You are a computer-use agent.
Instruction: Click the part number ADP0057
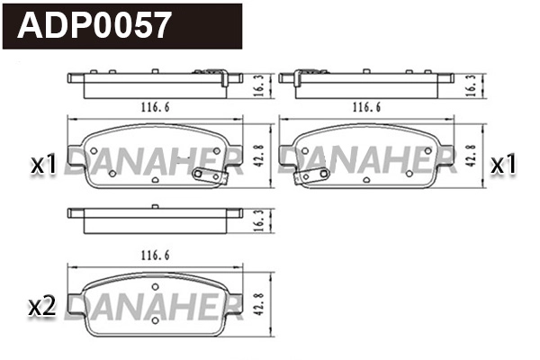[x=94, y=25]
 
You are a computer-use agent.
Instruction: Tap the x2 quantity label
[x=43, y=307]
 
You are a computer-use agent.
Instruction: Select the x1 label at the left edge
[x=43, y=164]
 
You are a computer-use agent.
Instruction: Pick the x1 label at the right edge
[x=501, y=164]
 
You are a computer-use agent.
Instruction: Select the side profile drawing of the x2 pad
[x=155, y=215]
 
